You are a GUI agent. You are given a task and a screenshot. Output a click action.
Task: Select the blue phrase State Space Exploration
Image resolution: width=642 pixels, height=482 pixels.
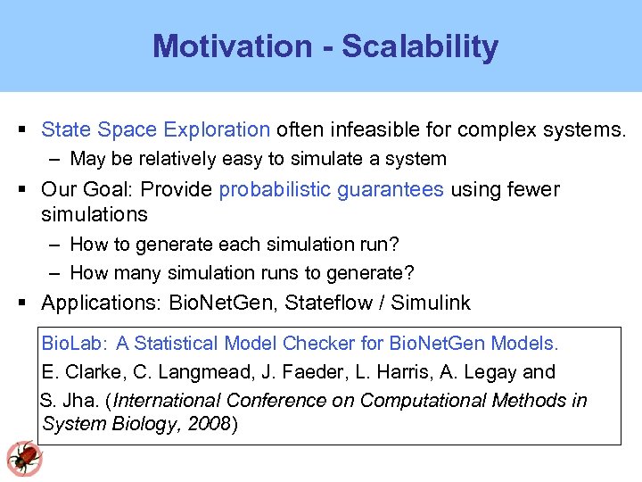coord(155,130)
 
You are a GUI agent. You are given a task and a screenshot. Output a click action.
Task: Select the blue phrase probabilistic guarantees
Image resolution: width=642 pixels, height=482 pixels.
coord(331,189)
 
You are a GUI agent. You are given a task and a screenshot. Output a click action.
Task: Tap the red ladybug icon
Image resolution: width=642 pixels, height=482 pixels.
coord(23,458)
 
